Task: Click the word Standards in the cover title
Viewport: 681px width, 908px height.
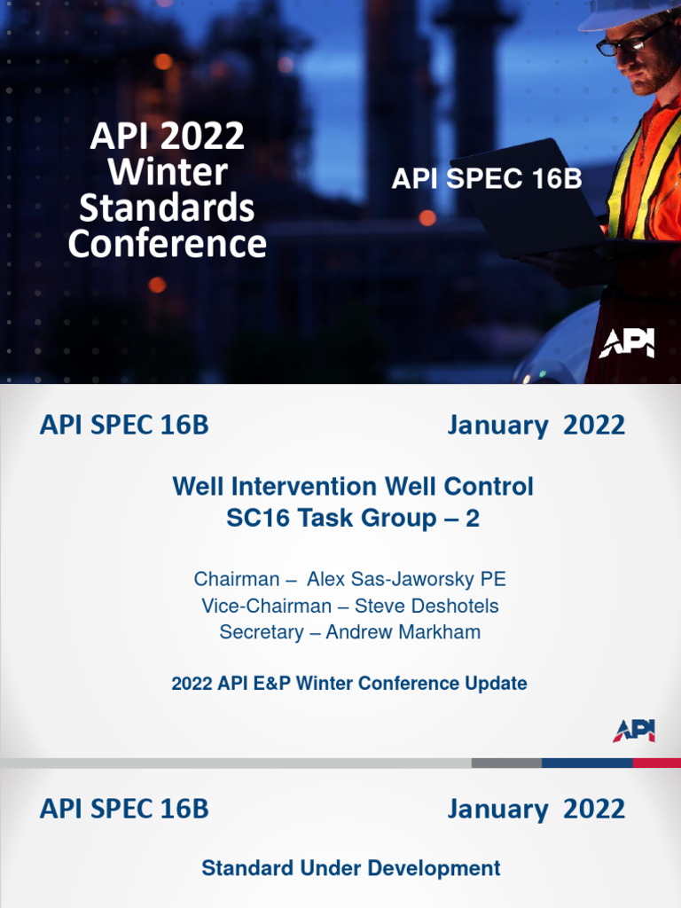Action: [167, 207]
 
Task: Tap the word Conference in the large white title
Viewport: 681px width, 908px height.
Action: [167, 243]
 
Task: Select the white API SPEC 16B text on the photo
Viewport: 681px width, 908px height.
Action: [487, 178]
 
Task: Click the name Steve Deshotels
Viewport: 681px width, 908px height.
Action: [427, 606]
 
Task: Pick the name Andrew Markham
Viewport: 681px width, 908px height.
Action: [403, 632]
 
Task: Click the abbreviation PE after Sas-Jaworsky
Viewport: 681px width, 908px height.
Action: [493, 579]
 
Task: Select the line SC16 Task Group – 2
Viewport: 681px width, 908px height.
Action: [352, 519]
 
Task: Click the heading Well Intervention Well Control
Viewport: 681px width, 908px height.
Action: [352, 486]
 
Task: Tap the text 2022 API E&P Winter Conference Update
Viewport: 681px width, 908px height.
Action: [348, 684]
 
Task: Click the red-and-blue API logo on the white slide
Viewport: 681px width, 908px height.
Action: [633, 731]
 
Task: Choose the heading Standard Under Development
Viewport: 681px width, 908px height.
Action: [350, 868]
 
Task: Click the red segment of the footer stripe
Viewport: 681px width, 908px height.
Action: [657, 763]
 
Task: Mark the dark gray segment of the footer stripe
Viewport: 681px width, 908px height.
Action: [506, 763]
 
